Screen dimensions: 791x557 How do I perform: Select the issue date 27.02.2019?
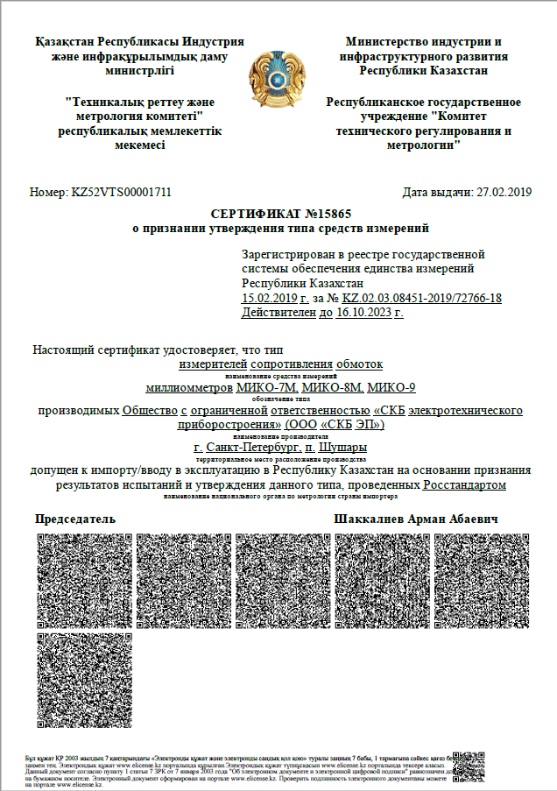pyautogui.click(x=502, y=192)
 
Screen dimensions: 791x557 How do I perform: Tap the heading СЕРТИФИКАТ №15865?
pyautogui.click(x=279, y=215)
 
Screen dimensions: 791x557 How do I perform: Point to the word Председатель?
pyautogui.click(x=75, y=519)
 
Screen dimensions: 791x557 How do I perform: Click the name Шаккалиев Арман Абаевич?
pyautogui.click(x=417, y=519)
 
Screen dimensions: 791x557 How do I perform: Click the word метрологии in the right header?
pyautogui.click(x=425, y=144)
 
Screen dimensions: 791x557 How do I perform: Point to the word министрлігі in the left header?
pyautogui.click(x=140, y=71)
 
